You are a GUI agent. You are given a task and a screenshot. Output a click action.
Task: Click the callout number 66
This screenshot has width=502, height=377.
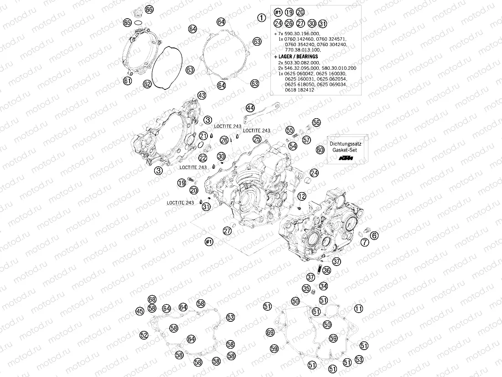(150, 10)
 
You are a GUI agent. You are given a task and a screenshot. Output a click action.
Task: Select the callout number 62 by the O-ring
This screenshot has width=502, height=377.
(147, 84)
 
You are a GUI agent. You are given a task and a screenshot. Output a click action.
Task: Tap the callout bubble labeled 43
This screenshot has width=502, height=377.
(202, 95)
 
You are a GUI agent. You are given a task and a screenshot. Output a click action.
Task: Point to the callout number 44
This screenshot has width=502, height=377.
(250, 108)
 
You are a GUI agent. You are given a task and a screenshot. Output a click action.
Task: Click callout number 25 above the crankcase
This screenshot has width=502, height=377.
(257, 138)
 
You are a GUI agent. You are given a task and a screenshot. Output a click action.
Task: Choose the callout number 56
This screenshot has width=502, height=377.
(316, 122)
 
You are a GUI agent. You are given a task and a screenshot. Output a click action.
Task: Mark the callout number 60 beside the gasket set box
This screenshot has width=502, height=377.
(320, 149)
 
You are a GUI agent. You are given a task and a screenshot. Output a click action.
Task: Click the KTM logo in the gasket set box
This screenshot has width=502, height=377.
(347, 158)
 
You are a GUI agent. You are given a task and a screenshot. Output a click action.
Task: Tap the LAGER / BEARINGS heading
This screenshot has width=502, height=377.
(296, 57)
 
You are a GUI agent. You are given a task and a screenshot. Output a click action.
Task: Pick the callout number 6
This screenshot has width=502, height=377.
(374, 236)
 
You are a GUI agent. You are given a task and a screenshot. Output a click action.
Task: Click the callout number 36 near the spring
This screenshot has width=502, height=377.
(326, 270)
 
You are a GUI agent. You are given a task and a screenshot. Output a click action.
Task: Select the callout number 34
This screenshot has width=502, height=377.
(323, 286)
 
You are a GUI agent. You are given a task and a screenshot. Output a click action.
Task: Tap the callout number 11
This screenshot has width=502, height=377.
(359, 309)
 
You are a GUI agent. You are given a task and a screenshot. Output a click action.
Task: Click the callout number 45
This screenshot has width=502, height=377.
(140, 311)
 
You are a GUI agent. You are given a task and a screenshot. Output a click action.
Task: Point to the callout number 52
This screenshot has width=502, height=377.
(144, 335)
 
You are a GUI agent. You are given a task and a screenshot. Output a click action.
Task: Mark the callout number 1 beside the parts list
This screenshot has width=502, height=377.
(261, 18)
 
